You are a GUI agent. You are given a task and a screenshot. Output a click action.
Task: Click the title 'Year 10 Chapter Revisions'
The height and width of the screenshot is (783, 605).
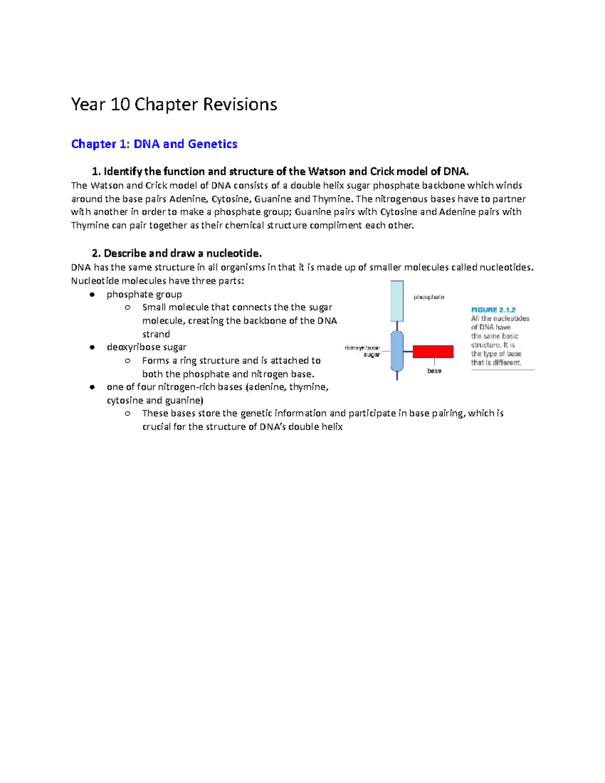tap(174, 104)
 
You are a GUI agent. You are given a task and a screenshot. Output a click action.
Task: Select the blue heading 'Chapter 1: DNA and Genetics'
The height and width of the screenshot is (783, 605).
tap(154, 144)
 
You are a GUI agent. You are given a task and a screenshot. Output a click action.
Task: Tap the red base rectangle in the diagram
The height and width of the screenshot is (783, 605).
tap(433, 351)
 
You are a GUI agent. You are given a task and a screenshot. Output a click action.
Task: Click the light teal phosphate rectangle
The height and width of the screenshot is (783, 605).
tap(397, 301)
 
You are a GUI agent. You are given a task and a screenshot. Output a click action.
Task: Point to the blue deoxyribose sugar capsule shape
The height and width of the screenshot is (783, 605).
tap(397, 351)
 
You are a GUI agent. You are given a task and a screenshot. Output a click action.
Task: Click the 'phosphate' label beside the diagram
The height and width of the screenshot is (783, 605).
tap(429, 297)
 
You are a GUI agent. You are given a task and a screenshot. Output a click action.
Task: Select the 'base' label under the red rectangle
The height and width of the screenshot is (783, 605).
tap(434, 371)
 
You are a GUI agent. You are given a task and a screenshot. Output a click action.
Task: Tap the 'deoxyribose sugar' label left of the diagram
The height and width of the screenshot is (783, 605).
tap(363, 351)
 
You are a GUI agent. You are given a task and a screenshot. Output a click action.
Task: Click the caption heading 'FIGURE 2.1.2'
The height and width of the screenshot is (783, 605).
tap(493, 310)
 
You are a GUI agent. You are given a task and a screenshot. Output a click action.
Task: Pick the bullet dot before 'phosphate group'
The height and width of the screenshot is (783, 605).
tap(92, 294)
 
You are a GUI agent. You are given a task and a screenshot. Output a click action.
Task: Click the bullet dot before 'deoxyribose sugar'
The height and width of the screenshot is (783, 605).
tap(92, 347)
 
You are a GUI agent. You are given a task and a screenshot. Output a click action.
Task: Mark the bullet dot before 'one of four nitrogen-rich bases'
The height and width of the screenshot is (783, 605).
tap(92, 387)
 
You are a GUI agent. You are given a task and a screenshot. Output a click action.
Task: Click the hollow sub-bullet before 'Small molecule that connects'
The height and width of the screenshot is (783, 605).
tap(128, 308)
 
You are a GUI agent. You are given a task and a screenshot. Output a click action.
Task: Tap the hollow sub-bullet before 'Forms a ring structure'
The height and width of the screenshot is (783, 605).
tap(128, 360)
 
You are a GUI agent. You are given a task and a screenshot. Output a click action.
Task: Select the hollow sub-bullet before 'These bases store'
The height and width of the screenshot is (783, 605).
tap(128, 413)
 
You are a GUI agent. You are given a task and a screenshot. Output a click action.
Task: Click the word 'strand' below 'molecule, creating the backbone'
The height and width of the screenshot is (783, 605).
tap(156, 334)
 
